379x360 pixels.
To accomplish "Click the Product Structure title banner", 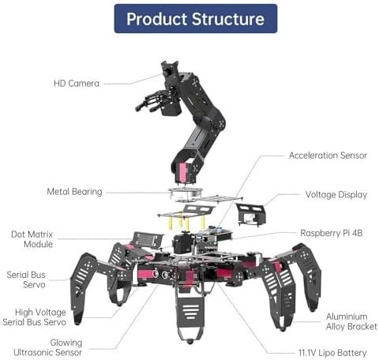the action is tap(196, 19).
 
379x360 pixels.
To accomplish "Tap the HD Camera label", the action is tap(77, 84).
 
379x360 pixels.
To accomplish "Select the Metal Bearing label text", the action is tap(74, 192).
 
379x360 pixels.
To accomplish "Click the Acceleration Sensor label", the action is tap(328, 156).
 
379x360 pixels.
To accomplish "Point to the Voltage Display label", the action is tap(336, 195).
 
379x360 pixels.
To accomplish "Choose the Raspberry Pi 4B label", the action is tap(332, 233).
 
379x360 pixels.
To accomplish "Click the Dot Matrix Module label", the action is tap(32, 239).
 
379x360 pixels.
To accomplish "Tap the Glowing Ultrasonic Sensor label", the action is tap(47, 347).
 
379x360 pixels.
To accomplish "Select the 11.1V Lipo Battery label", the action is tap(332, 353).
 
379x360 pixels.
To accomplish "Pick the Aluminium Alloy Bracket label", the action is tap(351, 321).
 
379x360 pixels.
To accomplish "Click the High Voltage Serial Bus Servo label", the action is tap(34, 317).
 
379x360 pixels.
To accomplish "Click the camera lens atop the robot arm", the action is tap(167, 72).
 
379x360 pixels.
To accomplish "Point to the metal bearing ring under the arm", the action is tap(185, 193).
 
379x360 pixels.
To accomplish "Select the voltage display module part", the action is tap(250, 215).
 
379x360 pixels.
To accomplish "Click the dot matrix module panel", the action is tap(147, 240).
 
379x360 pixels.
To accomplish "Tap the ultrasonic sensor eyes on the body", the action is tap(160, 275).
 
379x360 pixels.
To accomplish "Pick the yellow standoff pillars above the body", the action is tap(186, 220).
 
